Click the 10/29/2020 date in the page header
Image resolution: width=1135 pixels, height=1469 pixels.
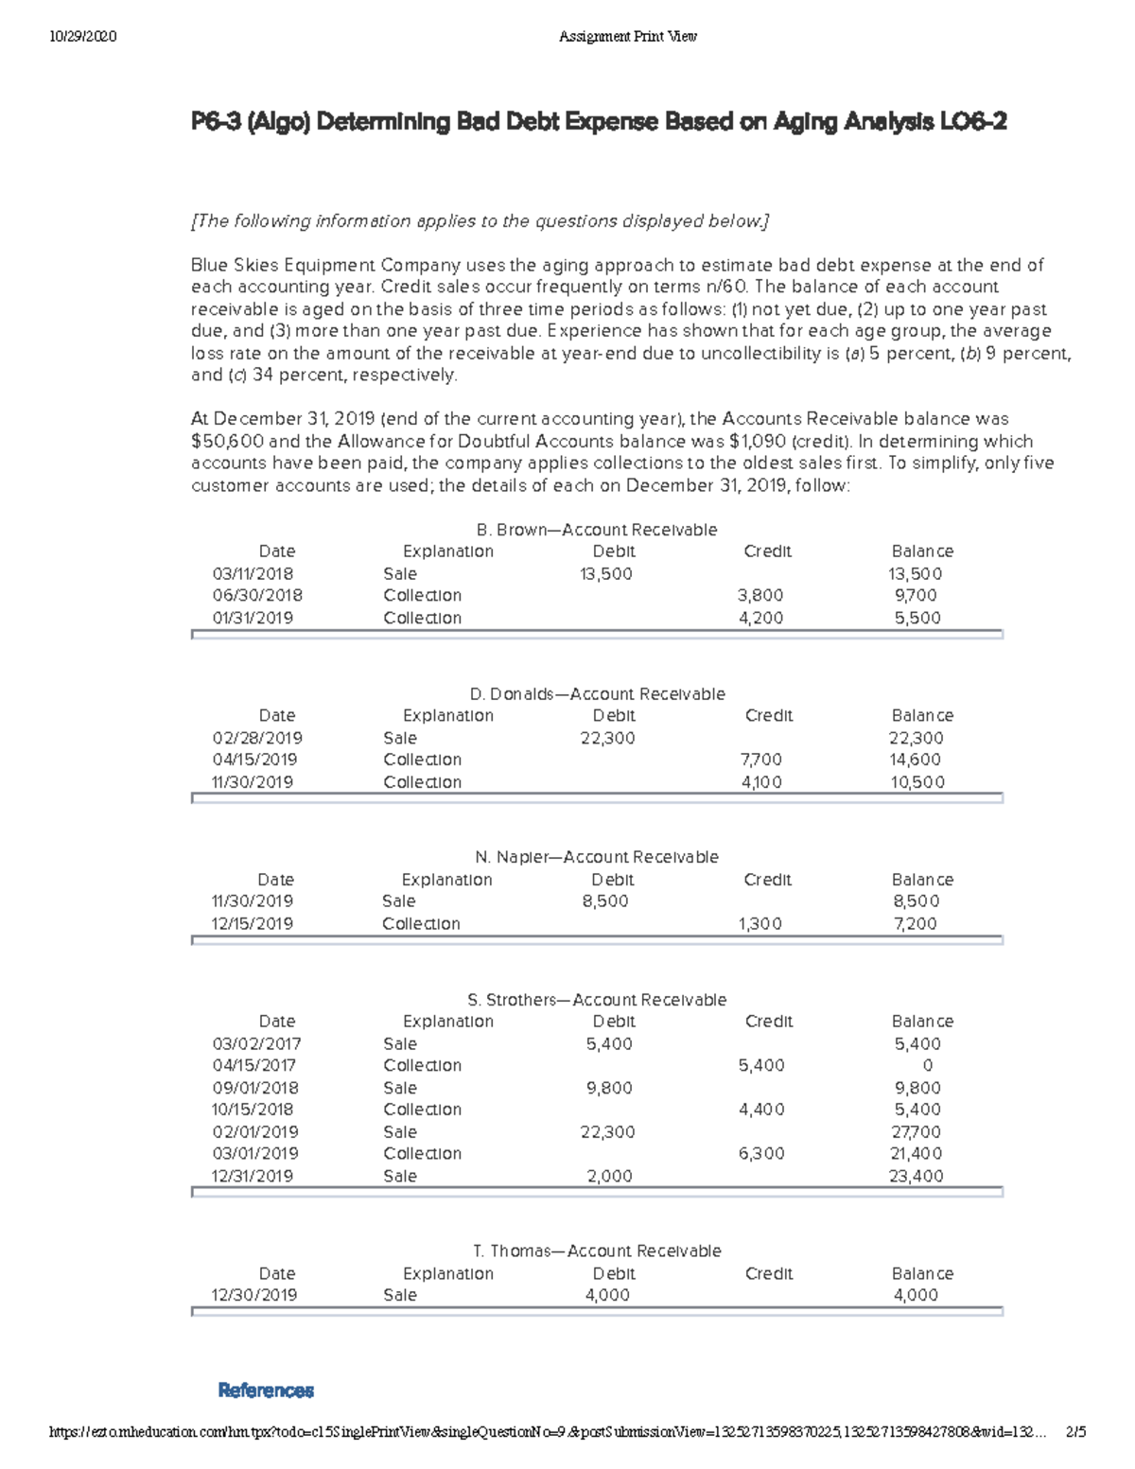[81, 37]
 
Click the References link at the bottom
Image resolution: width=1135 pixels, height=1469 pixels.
[266, 1390]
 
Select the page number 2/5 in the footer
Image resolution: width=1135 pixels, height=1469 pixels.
[1075, 1432]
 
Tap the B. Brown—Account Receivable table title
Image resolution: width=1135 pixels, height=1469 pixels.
[596, 530]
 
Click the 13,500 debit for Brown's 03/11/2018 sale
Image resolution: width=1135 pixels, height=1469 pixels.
[606, 574]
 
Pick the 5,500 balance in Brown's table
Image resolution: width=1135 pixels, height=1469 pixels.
[917, 618]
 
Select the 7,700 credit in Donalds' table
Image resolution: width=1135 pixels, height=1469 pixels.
[760, 760]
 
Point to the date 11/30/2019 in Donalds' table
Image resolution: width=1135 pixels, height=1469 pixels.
[253, 782]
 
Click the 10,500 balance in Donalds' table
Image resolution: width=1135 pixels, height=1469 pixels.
[917, 782]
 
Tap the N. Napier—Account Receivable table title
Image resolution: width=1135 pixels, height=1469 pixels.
[596, 857]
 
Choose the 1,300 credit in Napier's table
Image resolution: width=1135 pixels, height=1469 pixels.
[760, 924]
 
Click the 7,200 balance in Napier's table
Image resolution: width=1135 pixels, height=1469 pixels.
[915, 924]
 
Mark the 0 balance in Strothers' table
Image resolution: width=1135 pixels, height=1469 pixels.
[927, 1065]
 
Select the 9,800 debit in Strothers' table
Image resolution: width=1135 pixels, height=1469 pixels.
[609, 1088]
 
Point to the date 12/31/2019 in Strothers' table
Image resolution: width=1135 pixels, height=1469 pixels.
[253, 1177]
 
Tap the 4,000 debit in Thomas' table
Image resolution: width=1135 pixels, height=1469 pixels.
[607, 1295]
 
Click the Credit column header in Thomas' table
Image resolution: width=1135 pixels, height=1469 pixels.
[768, 1273]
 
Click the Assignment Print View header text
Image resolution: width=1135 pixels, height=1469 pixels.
[627, 37]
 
